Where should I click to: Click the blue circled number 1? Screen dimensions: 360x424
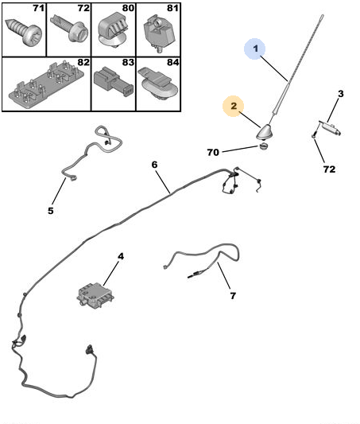pyautogui.click(x=254, y=49)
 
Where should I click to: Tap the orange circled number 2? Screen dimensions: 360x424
pyautogui.click(x=234, y=106)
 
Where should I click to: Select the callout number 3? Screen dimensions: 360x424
pyautogui.click(x=341, y=94)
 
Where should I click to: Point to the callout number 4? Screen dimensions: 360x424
pyautogui.click(x=121, y=256)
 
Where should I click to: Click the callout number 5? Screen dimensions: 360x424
pyautogui.click(x=51, y=211)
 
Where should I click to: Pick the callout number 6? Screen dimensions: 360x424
pyautogui.click(x=154, y=165)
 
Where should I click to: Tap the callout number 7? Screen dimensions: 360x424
pyautogui.click(x=233, y=296)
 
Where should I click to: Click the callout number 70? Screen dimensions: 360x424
pyautogui.click(x=213, y=153)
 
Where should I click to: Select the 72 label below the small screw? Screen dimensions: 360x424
pyautogui.click(x=329, y=169)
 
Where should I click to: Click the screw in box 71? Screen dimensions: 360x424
pyautogui.click(x=24, y=32)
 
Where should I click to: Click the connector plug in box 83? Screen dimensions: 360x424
pyautogui.click(x=114, y=82)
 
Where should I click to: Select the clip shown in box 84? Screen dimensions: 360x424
pyautogui.click(x=158, y=84)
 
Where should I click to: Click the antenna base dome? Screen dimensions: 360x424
pyautogui.click(x=264, y=132)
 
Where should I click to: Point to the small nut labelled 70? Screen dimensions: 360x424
pyautogui.click(x=263, y=147)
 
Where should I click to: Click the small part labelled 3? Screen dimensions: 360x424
pyautogui.click(x=330, y=127)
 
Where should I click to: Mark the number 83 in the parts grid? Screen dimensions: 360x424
pyautogui.click(x=128, y=63)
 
